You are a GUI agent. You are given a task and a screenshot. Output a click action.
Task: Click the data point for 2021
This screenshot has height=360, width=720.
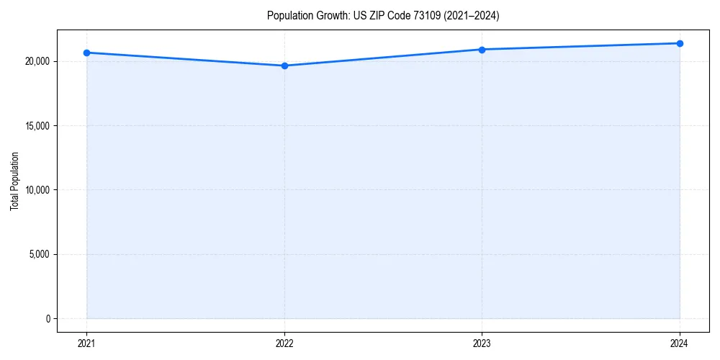pos(86,53)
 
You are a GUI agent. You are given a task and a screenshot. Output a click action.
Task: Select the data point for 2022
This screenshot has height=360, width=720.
pos(284,66)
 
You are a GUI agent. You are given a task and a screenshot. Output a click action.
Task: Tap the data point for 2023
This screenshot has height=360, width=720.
pos(482,50)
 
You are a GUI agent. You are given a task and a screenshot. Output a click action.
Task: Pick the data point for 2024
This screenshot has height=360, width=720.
pos(680,43)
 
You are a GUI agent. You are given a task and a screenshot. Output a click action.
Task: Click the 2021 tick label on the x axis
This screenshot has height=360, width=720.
pos(86,343)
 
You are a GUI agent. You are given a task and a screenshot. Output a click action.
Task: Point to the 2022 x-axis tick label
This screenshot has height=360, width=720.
pos(284,343)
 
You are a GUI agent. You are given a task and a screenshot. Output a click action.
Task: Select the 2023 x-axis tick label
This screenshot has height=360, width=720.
pos(482,343)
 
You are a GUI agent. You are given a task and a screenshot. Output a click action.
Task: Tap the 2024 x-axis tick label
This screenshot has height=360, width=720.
pos(680,343)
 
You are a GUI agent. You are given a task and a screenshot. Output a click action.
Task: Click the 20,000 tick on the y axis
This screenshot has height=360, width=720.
pos(37,61)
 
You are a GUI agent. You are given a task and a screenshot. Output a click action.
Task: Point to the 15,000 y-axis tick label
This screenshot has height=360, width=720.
pos(37,126)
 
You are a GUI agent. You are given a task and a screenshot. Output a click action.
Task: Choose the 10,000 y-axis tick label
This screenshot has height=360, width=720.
pos(37,190)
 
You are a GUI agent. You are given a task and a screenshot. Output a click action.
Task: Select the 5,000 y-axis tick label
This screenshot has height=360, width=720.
pos(39,254)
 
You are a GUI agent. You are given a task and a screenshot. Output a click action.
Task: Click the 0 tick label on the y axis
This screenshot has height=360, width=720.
pos(48,318)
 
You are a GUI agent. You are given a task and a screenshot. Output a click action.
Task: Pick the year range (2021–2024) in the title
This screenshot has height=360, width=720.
pos(471,16)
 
